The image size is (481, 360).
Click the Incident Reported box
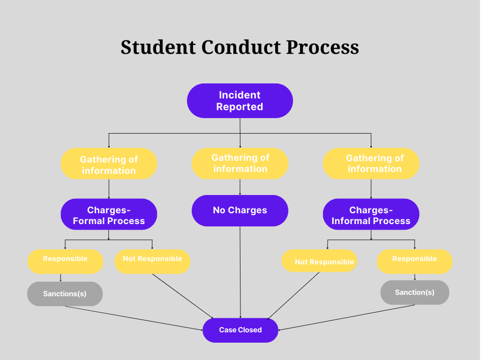coord(240,101)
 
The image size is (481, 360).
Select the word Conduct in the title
coord(241,47)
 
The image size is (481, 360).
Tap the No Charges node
coord(240,210)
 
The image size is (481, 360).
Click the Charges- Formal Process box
coord(109,215)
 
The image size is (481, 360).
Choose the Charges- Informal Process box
coord(371,215)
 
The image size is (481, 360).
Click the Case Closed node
coord(240,330)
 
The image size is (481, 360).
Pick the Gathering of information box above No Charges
coord(240,164)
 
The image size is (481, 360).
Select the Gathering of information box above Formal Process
coord(109,164)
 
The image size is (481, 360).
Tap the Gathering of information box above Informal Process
coord(371,164)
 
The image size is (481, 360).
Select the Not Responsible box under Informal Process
coord(319,261)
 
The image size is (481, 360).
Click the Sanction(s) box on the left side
coord(65,294)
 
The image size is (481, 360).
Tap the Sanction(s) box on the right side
coord(415,293)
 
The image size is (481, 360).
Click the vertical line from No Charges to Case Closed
coord(240,271)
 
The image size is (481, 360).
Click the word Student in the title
coord(158,47)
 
